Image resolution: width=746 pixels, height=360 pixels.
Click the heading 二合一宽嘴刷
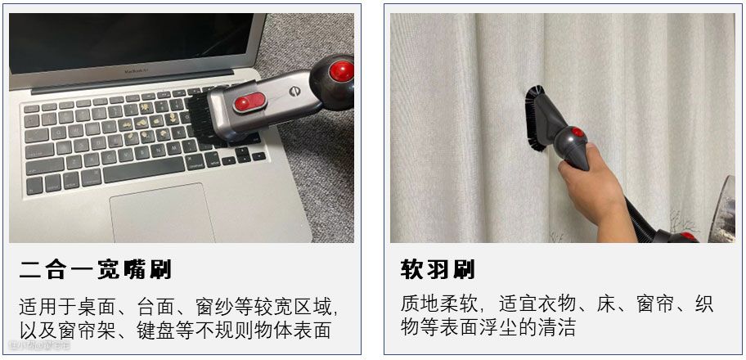95,270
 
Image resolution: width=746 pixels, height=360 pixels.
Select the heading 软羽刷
438,270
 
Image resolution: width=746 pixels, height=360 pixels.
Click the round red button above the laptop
342,71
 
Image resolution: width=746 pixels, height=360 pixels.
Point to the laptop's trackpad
162,213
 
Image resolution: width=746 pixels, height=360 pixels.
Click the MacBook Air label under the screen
134,71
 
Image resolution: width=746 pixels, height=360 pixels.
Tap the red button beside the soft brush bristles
578,132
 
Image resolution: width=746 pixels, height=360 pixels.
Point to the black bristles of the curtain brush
535,118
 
